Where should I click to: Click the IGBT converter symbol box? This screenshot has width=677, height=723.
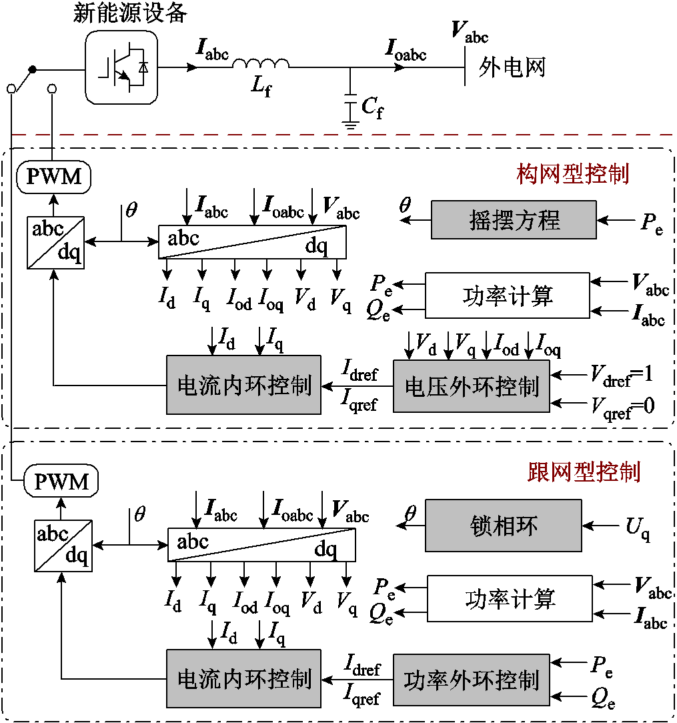122,67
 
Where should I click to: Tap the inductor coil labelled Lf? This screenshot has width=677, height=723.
260,64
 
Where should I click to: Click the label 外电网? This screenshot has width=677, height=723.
512,67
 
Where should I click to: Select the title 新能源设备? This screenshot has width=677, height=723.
129,13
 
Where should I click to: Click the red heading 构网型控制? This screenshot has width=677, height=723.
573,174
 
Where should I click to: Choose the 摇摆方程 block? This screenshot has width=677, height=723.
514,220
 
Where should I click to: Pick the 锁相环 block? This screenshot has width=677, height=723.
503,527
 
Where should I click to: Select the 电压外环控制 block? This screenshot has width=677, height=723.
472,386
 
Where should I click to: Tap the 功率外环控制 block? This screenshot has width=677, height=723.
472,680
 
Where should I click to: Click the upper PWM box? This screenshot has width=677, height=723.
53,177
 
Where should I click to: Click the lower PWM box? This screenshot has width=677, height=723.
61,480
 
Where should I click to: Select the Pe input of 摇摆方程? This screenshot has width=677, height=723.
651,222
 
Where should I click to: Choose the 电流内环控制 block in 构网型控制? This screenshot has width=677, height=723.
243,385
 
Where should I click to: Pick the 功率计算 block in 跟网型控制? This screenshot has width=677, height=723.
510,599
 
